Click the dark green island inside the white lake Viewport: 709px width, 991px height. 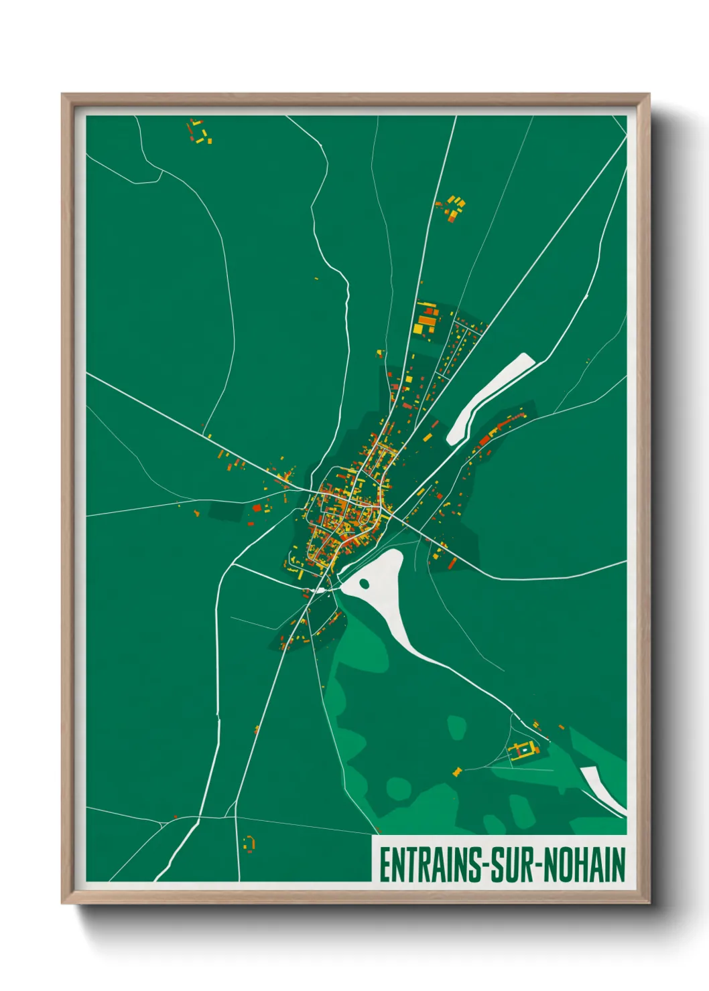click(x=365, y=583)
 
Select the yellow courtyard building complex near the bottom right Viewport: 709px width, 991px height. click(x=523, y=750)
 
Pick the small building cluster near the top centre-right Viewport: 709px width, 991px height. click(x=453, y=208)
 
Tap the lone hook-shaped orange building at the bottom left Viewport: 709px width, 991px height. click(x=249, y=843)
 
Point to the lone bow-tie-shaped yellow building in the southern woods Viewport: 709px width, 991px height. click(x=458, y=771)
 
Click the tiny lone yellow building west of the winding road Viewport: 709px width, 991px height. click(x=316, y=279)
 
